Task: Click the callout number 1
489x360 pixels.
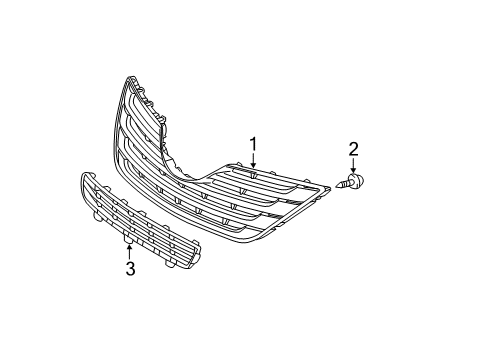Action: tap(253, 146)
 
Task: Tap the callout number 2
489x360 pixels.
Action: tap(353, 150)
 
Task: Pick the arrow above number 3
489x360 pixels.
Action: tap(130, 250)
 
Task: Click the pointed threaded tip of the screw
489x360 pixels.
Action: tap(343, 185)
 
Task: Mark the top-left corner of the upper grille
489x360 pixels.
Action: tap(128, 79)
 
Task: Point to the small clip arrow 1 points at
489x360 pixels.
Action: tap(253, 176)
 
